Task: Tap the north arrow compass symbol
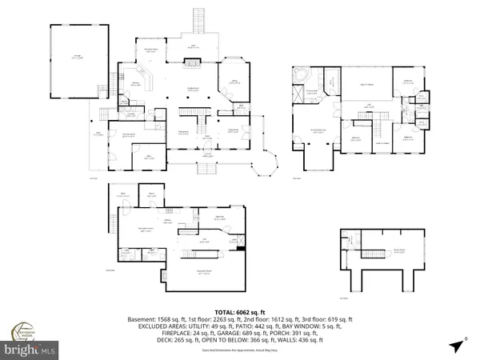point(456,346)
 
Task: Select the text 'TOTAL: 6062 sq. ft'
point(239,311)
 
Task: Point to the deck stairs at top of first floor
point(199,19)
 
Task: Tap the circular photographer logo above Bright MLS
point(24,331)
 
